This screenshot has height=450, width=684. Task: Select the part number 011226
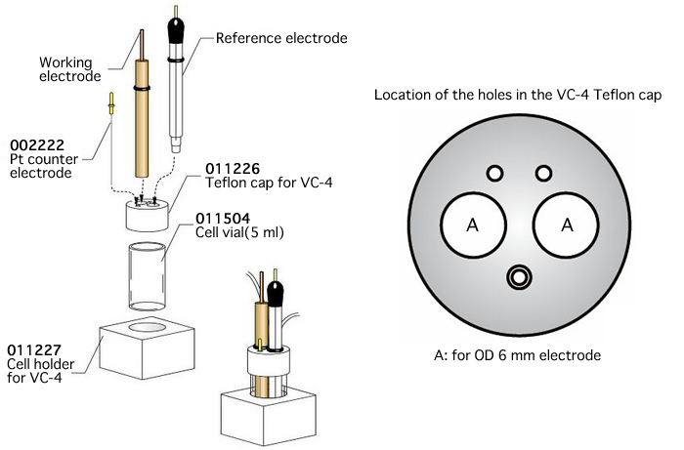coord(233,167)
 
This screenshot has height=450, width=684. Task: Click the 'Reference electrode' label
coord(280,39)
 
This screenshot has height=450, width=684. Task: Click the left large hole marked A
coord(472,225)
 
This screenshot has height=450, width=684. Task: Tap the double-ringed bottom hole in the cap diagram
coord(519,278)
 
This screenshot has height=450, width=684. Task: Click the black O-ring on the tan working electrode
coord(143,89)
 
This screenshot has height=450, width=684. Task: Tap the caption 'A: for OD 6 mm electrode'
coord(519,355)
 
